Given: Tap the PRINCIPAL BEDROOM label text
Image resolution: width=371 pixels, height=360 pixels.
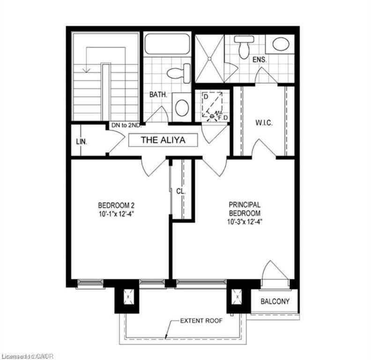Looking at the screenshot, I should pos(245,209).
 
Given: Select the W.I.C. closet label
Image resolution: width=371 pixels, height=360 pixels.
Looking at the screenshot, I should pos(264,123).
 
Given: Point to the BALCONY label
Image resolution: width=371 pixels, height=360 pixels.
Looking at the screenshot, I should pos(275,301).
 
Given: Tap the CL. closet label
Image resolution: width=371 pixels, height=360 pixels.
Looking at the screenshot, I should pos(181,191).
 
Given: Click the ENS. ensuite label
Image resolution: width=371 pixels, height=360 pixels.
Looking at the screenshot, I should pos(260,60).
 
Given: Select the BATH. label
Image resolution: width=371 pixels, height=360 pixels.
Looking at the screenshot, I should pos(158,94).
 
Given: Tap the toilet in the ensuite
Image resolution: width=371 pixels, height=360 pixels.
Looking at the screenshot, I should pos(244,47).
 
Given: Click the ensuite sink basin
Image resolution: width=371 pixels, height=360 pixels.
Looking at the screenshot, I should pos(281,45).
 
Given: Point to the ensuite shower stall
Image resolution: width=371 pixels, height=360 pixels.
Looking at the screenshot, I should pos(209,59).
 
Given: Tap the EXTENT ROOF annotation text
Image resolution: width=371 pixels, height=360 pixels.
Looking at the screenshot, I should pos(202,321).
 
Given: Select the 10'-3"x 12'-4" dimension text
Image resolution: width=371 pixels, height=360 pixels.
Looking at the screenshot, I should pos(245,221).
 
